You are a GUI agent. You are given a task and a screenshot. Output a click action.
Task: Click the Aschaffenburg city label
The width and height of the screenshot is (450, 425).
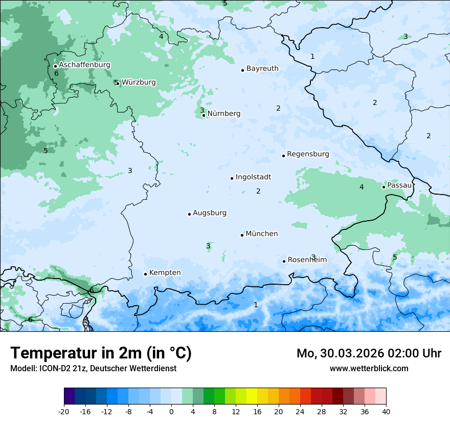click(x=84, y=65)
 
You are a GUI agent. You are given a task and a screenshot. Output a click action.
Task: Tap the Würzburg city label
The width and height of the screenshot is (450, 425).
click(x=139, y=82)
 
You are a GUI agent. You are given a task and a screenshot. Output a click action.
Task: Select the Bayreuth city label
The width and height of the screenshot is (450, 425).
click(x=262, y=68)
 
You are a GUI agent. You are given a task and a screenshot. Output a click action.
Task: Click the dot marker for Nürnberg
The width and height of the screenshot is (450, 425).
click(x=204, y=115)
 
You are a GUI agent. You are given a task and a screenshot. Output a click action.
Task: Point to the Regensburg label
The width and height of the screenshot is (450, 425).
click(x=308, y=154)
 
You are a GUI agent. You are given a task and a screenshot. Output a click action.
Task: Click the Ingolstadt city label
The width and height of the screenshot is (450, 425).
click(x=253, y=177)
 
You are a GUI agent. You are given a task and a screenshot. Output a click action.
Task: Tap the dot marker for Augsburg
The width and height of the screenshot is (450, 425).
click(x=189, y=214)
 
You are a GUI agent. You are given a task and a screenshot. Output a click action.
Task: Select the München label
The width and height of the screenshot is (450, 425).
click(x=262, y=233)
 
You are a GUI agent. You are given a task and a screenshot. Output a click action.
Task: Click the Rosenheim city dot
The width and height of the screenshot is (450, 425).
click(x=284, y=261)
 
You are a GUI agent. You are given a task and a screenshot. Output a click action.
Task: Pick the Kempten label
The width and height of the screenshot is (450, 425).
click(x=165, y=272)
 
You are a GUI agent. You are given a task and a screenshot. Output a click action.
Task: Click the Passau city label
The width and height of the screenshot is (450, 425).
click(x=399, y=185)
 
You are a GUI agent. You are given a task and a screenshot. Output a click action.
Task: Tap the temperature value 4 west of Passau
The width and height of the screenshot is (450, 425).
click(x=362, y=187)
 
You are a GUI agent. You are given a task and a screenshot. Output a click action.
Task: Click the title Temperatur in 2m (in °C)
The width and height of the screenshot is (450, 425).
click(x=101, y=353)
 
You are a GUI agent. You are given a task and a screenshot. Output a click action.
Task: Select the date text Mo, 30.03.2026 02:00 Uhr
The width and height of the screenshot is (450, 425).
click(x=369, y=353)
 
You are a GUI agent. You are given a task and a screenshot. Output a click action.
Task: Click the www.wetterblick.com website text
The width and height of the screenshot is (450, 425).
click(x=369, y=368)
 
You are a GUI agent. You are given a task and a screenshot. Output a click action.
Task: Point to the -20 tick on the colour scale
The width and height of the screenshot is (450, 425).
click(x=64, y=411)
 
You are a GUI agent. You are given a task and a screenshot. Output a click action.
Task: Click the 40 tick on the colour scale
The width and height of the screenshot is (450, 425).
click(x=386, y=411)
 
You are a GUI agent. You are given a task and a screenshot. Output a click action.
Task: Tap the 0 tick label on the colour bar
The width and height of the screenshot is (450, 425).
click(x=171, y=411)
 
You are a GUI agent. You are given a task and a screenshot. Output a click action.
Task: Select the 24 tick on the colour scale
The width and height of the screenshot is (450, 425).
click(x=300, y=411)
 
